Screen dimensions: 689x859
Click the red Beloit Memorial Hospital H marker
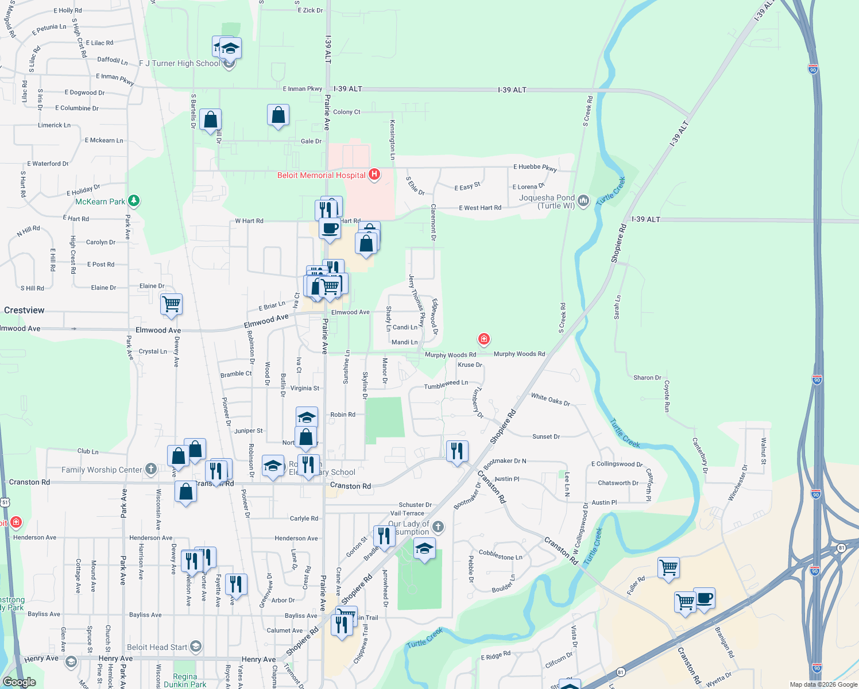tap(374, 174)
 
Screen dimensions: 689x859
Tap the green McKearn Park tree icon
tap(134, 200)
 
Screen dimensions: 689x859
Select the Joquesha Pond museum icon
tap(583, 200)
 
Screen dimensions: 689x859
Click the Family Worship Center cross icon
tap(150, 469)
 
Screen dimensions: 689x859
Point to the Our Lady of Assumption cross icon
tap(438, 527)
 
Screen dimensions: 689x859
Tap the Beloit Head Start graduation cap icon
tap(195, 647)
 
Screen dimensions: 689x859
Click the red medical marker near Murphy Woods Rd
tap(484, 339)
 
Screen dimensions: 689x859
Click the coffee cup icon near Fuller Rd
tap(705, 598)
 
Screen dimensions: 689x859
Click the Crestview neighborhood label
tap(24, 310)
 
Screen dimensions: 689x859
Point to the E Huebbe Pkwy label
tap(535, 168)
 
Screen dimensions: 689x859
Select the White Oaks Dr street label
tap(550, 400)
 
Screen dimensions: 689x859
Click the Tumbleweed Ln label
tap(446, 385)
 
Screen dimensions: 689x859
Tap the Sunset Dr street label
tap(545, 436)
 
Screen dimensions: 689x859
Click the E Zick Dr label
tap(310, 10)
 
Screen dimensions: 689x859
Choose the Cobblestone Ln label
tap(501, 556)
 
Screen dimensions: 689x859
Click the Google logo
tap(19, 682)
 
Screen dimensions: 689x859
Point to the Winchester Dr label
tap(737, 483)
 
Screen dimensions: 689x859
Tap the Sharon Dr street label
tap(647, 378)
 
